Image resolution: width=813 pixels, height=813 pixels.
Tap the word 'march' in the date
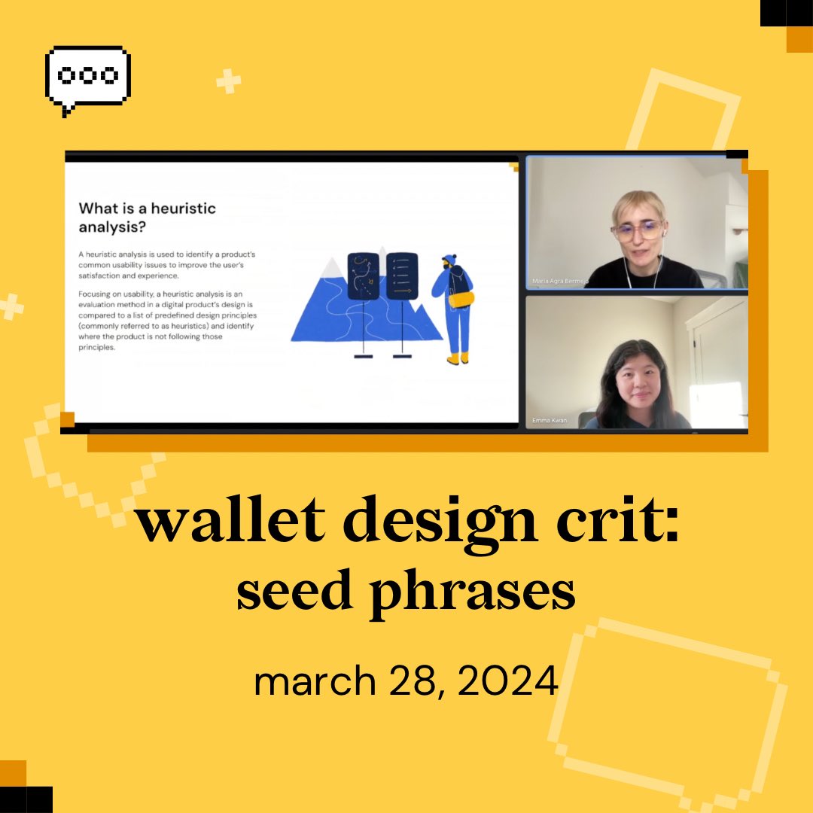point(314,681)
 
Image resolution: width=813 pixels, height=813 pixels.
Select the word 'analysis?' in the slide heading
point(113,227)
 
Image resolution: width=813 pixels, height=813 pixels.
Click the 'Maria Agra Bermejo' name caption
point(559,282)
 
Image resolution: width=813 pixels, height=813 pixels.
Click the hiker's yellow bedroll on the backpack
point(461,300)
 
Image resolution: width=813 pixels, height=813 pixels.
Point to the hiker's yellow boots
point(458,358)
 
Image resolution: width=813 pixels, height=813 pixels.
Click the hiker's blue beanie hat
point(449,259)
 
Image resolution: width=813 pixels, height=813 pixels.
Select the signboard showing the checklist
point(401,276)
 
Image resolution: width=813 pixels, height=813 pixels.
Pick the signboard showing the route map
point(363,276)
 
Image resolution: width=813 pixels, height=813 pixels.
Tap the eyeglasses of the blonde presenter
point(637,228)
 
